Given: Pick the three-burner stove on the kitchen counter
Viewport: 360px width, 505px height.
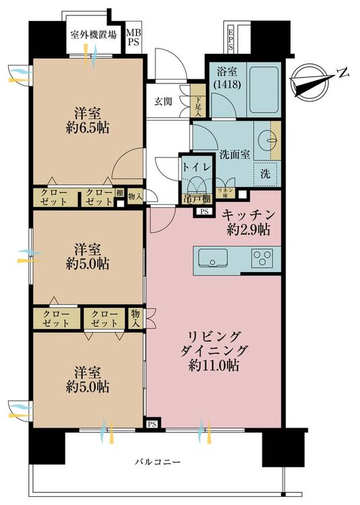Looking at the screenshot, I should pos(262,258).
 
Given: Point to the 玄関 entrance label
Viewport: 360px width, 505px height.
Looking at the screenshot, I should pos(162,102).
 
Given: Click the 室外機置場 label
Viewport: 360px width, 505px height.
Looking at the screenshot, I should pos(94,35).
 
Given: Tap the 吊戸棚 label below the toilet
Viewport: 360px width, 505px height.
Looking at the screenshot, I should pos(196,199).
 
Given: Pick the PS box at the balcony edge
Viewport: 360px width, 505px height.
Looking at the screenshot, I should pos(153,425).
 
